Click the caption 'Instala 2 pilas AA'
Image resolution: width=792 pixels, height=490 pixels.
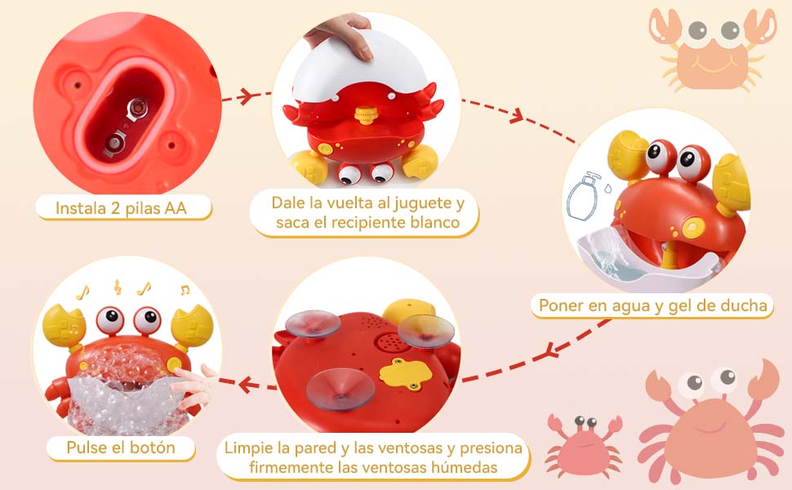tap(121, 208)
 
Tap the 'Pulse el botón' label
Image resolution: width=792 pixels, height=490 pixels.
tap(121, 448)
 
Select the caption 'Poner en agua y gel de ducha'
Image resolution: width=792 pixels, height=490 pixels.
tap(652, 306)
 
